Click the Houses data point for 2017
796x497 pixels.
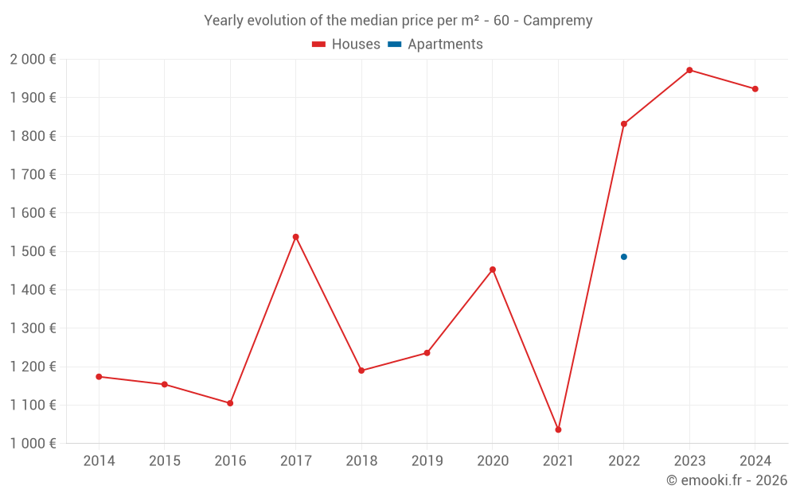pyautogui.click(x=295, y=237)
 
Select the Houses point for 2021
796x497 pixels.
pyautogui.click(x=558, y=429)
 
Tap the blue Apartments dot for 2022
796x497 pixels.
pyautogui.click(x=624, y=257)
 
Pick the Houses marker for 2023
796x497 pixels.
pyautogui.click(x=689, y=70)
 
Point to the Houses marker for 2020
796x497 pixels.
pyautogui.click(x=493, y=270)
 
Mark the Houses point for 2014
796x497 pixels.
pyautogui.click(x=99, y=377)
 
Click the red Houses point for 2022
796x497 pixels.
pyautogui.click(x=624, y=124)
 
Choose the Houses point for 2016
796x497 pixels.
pyautogui.click(x=230, y=403)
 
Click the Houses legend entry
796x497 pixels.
pyautogui.click(x=346, y=45)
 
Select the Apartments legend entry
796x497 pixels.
pyautogui.click(x=435, y=45)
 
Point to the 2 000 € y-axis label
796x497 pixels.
pyautogui.click(x=33, y=59)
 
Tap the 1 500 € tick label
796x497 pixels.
pyautogui.click(x=33, y=251)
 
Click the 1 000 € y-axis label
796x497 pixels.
pyautogui.click(x=33, y=443)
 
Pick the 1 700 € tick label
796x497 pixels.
pyautogui.click(x=33, y=174)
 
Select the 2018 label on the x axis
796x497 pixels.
pyautogui.click(x=361, y=461)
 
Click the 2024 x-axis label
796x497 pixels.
pyautogui.click(x=755, y=461)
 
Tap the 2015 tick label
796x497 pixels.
pyautogui.click(x=165, y=461)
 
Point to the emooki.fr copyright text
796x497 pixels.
pyautogui.click(x=727, y=480)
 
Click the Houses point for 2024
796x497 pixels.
pyautogui.click(x=755, y=89)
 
